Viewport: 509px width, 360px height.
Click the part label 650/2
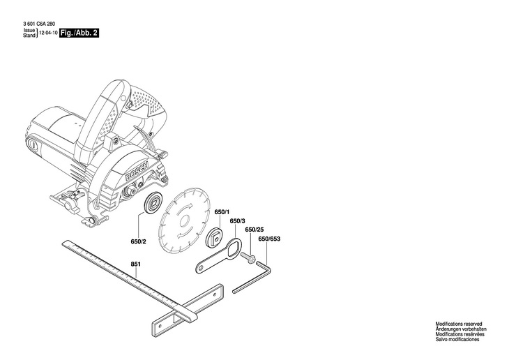click(x=139, y=241)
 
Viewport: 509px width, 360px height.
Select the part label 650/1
click(x=222, y=212)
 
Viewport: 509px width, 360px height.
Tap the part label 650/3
click(x=237, y=221)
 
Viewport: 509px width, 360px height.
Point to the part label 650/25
click(x=254, y=230)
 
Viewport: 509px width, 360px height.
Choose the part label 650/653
click(x=269, y=239)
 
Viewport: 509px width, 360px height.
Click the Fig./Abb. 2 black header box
click(x=77, y=32)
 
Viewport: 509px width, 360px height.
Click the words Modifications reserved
click(x=460, y=324)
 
